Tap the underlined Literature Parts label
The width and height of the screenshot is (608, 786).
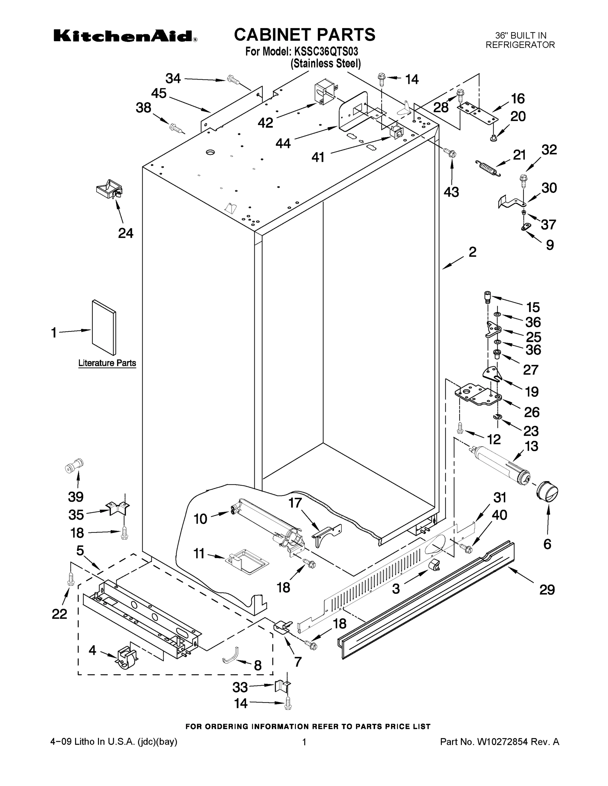[x=107, y=363]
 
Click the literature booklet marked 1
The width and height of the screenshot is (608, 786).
[x=104, y=327]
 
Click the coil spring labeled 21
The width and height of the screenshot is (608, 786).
[x=487, y=168]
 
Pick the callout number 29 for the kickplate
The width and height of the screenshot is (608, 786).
[x=547, y=589]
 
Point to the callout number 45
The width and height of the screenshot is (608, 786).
[x=159, y=93]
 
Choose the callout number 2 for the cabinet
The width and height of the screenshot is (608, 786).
[x=472, y=252]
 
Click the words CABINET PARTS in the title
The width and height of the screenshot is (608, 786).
[x=304, y=35]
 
